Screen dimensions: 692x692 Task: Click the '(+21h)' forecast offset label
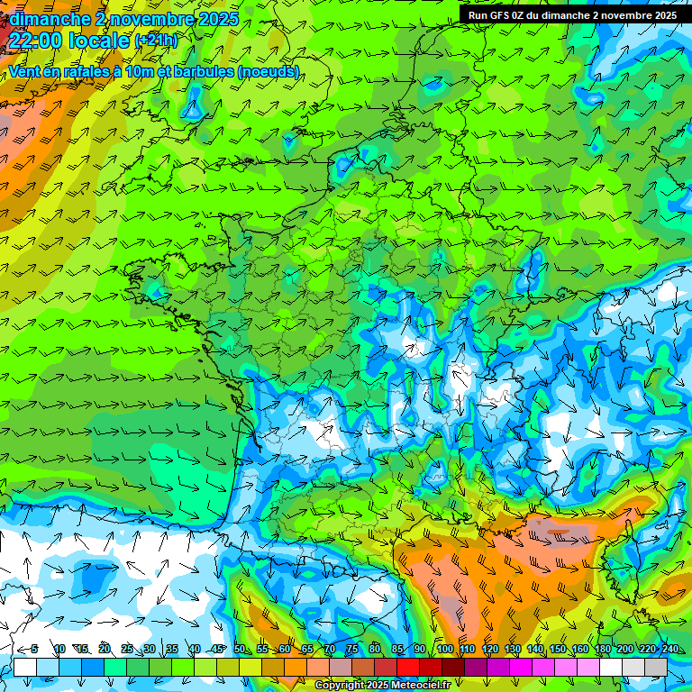[x=156, y=41]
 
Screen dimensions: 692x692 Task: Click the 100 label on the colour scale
[x=444, y=650]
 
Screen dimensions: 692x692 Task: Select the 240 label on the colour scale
[x=669, y=650]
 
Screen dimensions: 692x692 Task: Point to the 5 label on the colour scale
[x=34, y=650]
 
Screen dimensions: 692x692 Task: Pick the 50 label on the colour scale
[x=240, y=650]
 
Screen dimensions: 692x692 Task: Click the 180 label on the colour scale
[x=602, y=650]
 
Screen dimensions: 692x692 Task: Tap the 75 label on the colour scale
[x=352, y=650]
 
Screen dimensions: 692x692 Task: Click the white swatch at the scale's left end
[x=25, y=667]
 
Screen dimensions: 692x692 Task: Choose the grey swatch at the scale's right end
[x=656, y=667]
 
